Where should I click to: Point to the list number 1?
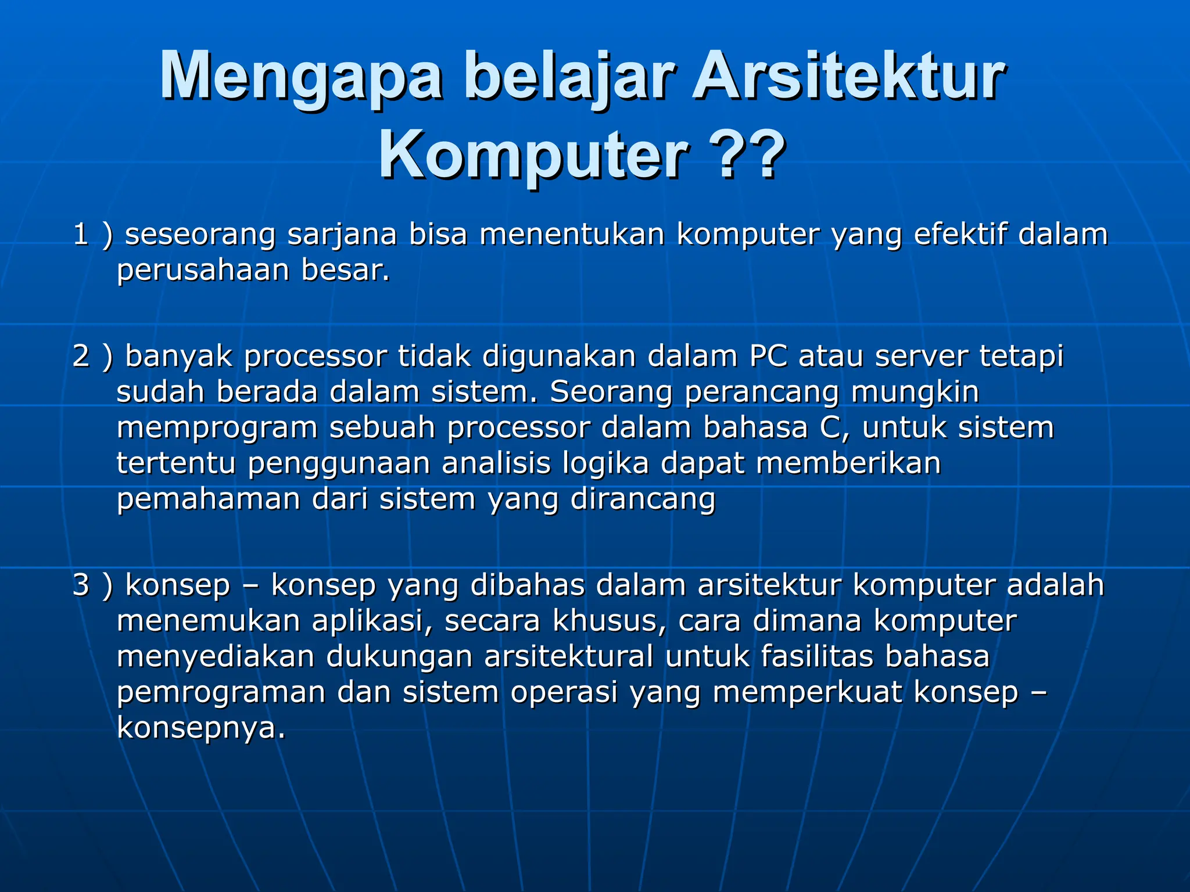tap(81, 235)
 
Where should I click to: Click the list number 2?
tap(81, 356)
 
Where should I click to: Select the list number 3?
tap(81, 585)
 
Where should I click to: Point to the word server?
tap(922, 356)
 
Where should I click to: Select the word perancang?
tap(762, 393)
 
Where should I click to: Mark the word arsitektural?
tap(569, 657)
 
